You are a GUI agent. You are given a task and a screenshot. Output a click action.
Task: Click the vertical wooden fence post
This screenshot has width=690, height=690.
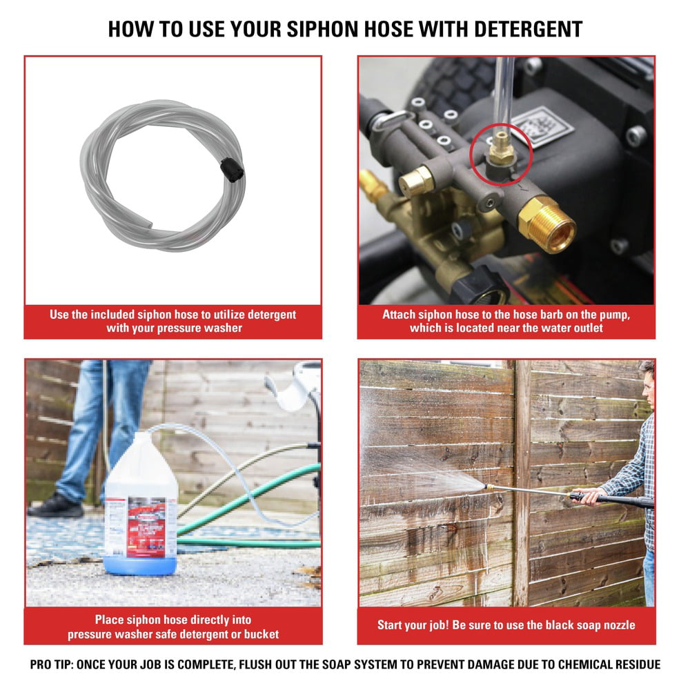[x=522, y=483]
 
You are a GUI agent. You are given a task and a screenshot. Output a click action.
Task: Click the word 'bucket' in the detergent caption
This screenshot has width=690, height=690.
[x=262, y=634]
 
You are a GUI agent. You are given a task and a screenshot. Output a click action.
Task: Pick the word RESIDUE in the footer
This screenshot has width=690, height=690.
[x=633, y=665]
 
